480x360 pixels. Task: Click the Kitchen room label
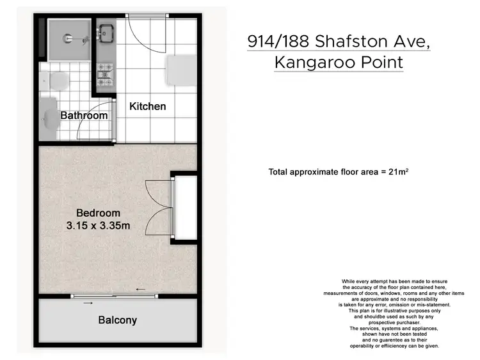[x=148, y=106]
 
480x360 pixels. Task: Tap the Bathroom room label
[x=84, y=116]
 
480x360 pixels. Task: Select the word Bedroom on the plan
[x=98, y=213]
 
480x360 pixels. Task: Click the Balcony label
[x=117, y=320]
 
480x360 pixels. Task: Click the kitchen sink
[x=105, y=33]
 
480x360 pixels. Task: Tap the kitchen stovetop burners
[x=104, y=75]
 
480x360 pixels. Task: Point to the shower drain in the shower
[x=67, y=38]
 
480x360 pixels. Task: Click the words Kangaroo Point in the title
[x=339, y=63]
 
